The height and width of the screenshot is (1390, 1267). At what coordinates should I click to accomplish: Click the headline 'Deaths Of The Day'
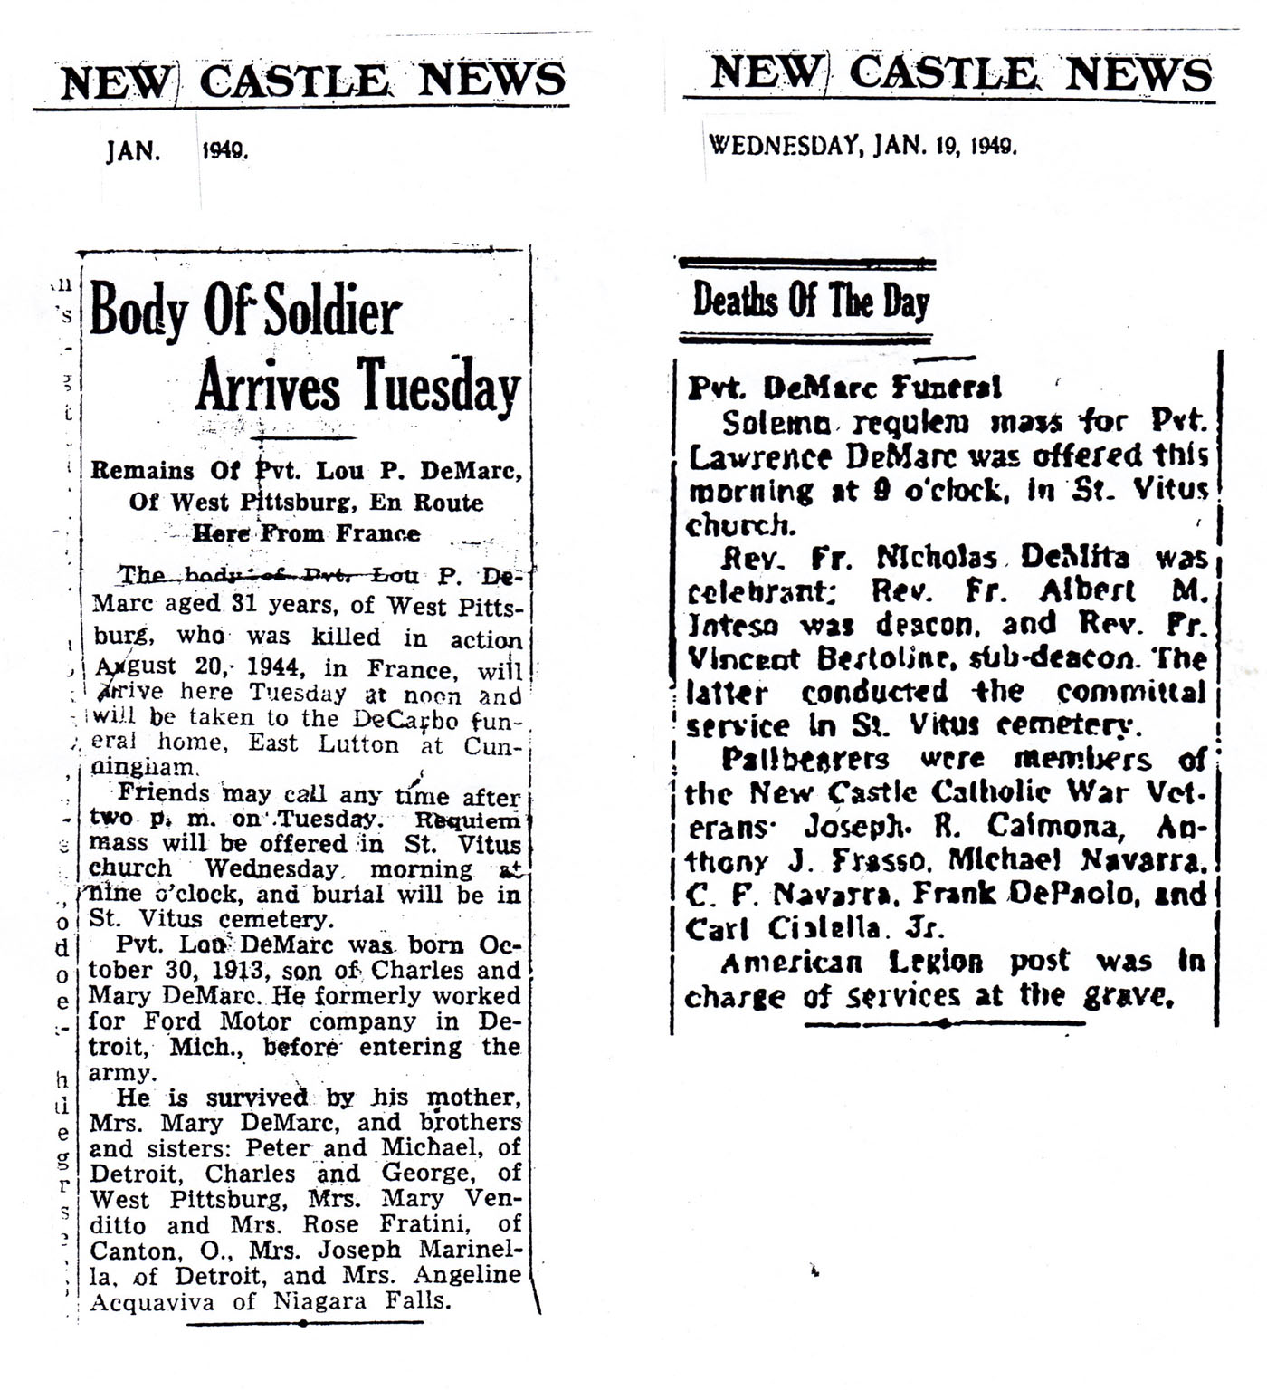click(810, 302)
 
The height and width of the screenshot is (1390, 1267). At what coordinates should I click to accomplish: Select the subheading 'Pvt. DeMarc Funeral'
click(844, 388)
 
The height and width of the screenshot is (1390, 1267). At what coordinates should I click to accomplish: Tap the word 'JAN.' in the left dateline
click(133, 151)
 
